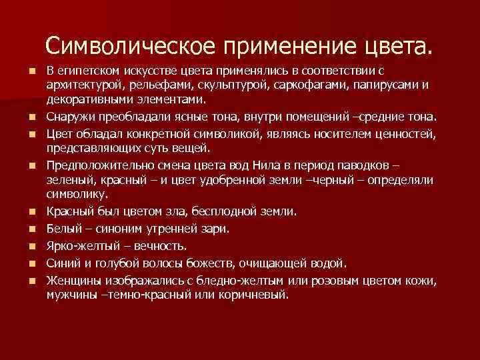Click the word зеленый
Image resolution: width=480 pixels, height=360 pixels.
(69, 179)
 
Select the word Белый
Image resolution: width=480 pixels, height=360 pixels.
(65, 228)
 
